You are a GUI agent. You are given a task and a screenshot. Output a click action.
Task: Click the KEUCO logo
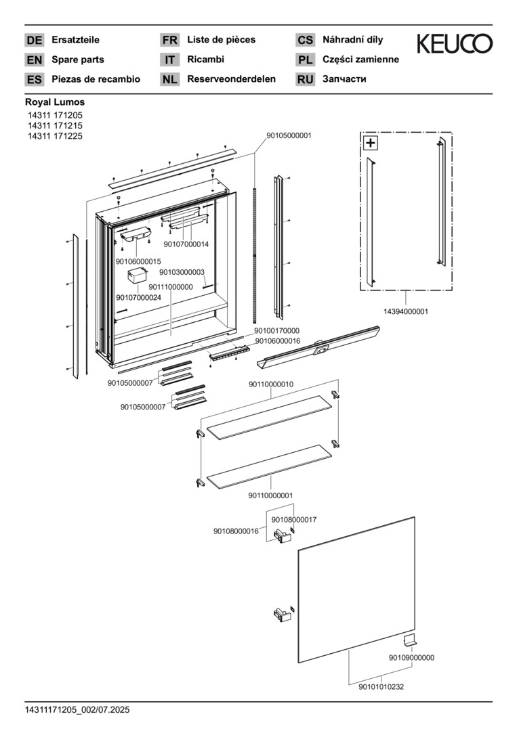click(454, 45)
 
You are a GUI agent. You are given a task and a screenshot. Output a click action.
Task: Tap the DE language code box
click(34, 41)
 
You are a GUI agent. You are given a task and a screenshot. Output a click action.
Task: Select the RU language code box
click(305, 80)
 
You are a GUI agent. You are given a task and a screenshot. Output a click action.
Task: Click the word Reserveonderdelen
click(231, 79)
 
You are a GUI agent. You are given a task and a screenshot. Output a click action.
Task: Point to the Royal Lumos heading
click(55, 102)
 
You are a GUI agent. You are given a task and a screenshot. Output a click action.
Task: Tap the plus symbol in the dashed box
click(370, 143)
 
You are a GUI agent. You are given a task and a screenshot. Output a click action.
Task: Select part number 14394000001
click(406, 311)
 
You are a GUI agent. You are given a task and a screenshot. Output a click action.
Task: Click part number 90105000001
click(289, 135)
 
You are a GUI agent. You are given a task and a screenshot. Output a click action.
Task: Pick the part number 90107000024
click(138, 297)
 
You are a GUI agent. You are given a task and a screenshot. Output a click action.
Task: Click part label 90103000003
click(182, 272)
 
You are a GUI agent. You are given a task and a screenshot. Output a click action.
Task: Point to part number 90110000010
click(271, 384)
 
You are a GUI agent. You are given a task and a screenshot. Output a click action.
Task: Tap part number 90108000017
click(294, 519)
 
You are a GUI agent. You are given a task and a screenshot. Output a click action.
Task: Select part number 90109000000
click(411, 657)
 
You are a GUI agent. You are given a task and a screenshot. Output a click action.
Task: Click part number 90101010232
click(381, 686)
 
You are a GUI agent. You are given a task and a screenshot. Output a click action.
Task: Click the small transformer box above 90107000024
click(139, 275)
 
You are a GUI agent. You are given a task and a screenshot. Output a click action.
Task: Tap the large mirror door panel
click(356, 589)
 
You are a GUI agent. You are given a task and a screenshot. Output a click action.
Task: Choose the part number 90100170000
click(276, 331)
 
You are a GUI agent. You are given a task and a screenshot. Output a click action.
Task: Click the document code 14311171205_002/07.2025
click(77, 709)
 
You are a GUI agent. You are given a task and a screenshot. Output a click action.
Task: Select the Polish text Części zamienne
click(360, 60)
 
